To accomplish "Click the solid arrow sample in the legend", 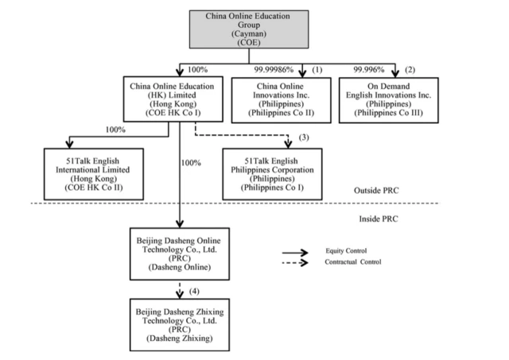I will click(297, 250).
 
